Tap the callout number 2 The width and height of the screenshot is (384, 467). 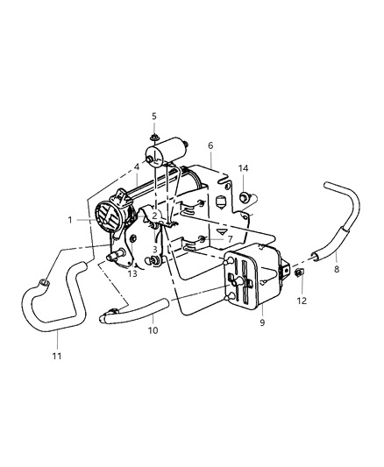point(154,216)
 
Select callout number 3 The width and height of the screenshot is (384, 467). point(154,250)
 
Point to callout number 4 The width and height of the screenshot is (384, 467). point(136,166)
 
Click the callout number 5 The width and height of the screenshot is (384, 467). point(154,116)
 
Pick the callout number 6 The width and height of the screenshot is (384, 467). point(210,145)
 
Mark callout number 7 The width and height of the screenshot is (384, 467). point(229,238)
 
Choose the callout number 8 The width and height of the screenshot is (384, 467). point(336,269)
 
